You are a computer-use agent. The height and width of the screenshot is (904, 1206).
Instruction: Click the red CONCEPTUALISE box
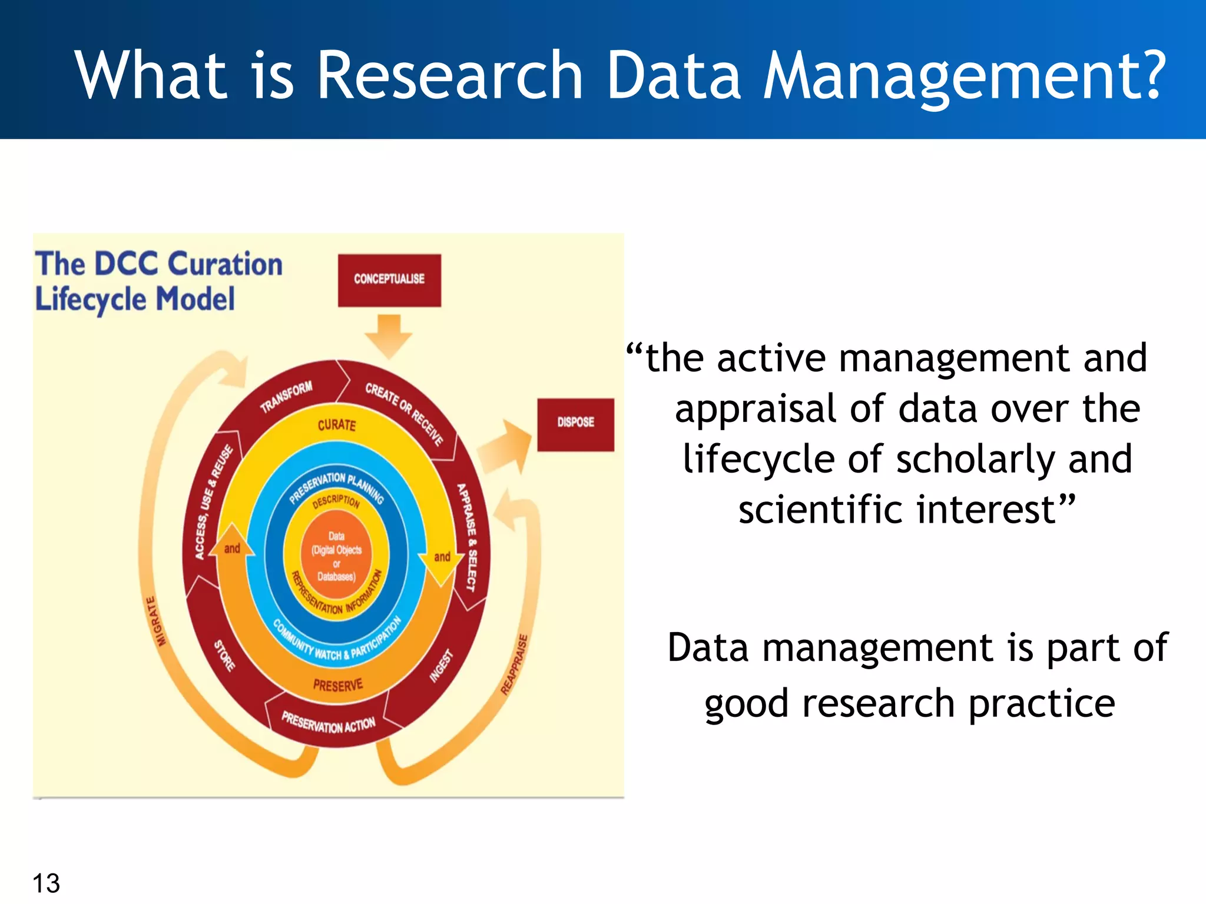pyautogui.click(x=389, y=280)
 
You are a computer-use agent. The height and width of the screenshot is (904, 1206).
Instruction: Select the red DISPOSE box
pyautogui.click(x=575, y=423)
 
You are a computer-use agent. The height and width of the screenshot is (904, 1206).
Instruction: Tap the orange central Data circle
pyautogui.click(x=336, y=556)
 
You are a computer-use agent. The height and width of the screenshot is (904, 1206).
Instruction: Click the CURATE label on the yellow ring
pyautogui.click(x=337, y=425)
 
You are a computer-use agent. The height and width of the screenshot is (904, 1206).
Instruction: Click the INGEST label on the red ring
pyautogui.click(x=442, y=666)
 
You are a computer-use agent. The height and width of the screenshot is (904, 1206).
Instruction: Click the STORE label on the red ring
pyautogui.click(x=224, y=655)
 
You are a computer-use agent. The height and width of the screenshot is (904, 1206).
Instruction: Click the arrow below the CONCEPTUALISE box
pyautogui.click(x=388, y=335)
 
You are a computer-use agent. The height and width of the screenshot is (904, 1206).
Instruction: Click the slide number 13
pyautogui.click(x=46, y=883)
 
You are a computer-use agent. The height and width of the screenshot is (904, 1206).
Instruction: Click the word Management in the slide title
pyautogui.click(x=963, y=77)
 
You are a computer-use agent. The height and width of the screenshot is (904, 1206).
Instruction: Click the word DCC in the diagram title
pyautogui.click(x=126, y=264)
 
